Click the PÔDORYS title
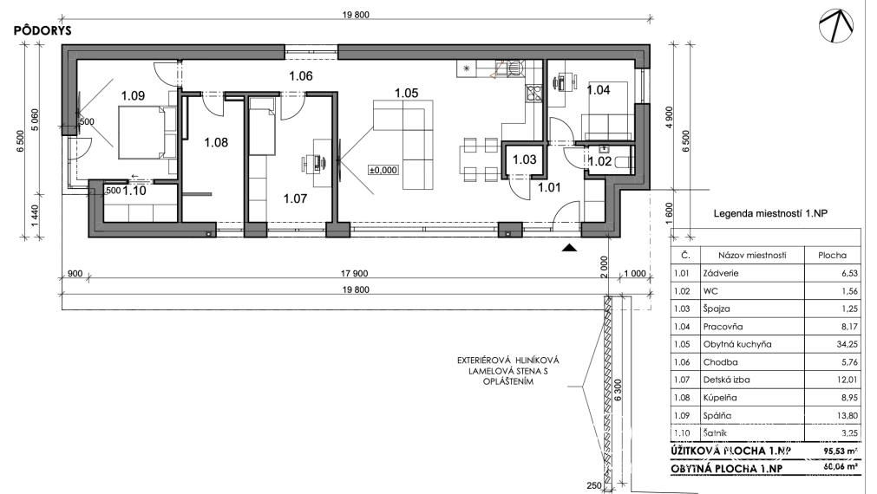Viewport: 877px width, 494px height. coord(43,30)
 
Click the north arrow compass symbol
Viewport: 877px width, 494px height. coord(836,28)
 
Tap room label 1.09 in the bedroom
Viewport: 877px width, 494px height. coord(133,95)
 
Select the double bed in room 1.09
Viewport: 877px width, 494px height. coord(147,133)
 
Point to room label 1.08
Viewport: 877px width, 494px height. coord(216,142)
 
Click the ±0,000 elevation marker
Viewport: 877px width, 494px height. coord(383,170)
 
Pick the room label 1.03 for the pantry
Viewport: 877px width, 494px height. coord(524,159)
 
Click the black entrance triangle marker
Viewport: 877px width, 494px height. coord(569,248)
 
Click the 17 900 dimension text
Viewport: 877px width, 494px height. coord(354,274)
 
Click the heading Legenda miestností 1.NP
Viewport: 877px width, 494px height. coord(770,213)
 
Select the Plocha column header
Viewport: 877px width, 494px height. coord(832,256)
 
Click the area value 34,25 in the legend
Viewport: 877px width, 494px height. coord(847,344)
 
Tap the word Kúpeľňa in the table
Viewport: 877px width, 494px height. coord(720,398)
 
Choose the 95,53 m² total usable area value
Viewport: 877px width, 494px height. coord(840,451)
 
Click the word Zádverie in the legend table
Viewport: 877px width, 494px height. coord(721,273)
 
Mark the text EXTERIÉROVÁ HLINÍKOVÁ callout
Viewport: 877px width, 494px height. coord(507,361)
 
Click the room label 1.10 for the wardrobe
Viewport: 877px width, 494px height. coord(134,192)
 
